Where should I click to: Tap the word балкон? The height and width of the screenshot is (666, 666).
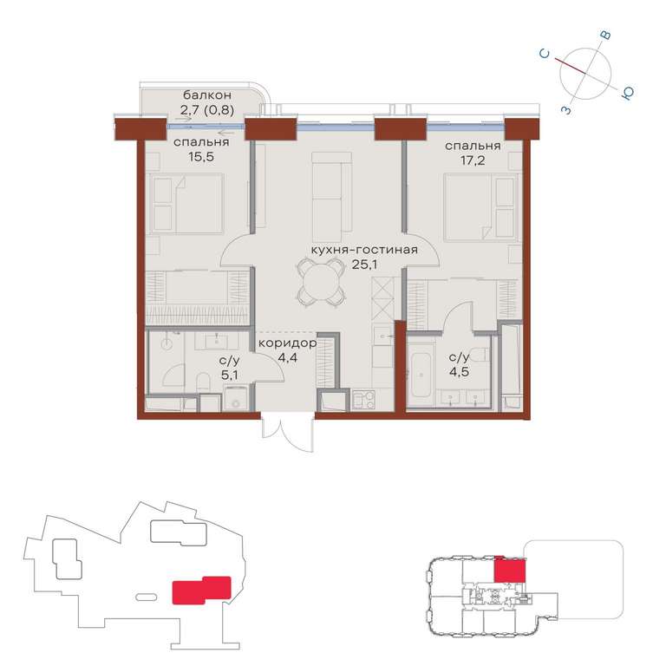207,95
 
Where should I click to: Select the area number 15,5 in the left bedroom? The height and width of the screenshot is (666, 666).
201,157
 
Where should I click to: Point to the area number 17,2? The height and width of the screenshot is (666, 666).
473,160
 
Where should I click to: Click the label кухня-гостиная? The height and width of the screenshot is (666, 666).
364,250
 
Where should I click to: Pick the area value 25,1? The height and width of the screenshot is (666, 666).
364,264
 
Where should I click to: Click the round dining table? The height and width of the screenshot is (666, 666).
321,282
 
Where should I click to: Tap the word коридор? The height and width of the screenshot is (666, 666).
288,343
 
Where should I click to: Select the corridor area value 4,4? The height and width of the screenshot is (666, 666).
288,357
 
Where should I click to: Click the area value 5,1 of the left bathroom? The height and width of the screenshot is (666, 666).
229,375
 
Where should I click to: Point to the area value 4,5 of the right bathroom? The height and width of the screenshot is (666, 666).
459,372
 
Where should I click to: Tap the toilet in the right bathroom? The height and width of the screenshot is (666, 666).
482,354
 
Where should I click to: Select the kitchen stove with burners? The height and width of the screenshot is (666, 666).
364,400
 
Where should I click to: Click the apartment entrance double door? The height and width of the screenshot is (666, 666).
288,432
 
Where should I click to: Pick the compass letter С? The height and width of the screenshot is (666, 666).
545,54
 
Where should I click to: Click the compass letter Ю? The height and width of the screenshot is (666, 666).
627,93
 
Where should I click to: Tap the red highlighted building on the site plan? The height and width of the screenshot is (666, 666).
201,590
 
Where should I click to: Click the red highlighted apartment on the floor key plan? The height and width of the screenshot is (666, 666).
510,569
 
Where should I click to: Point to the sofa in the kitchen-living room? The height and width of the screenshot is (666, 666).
332,192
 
